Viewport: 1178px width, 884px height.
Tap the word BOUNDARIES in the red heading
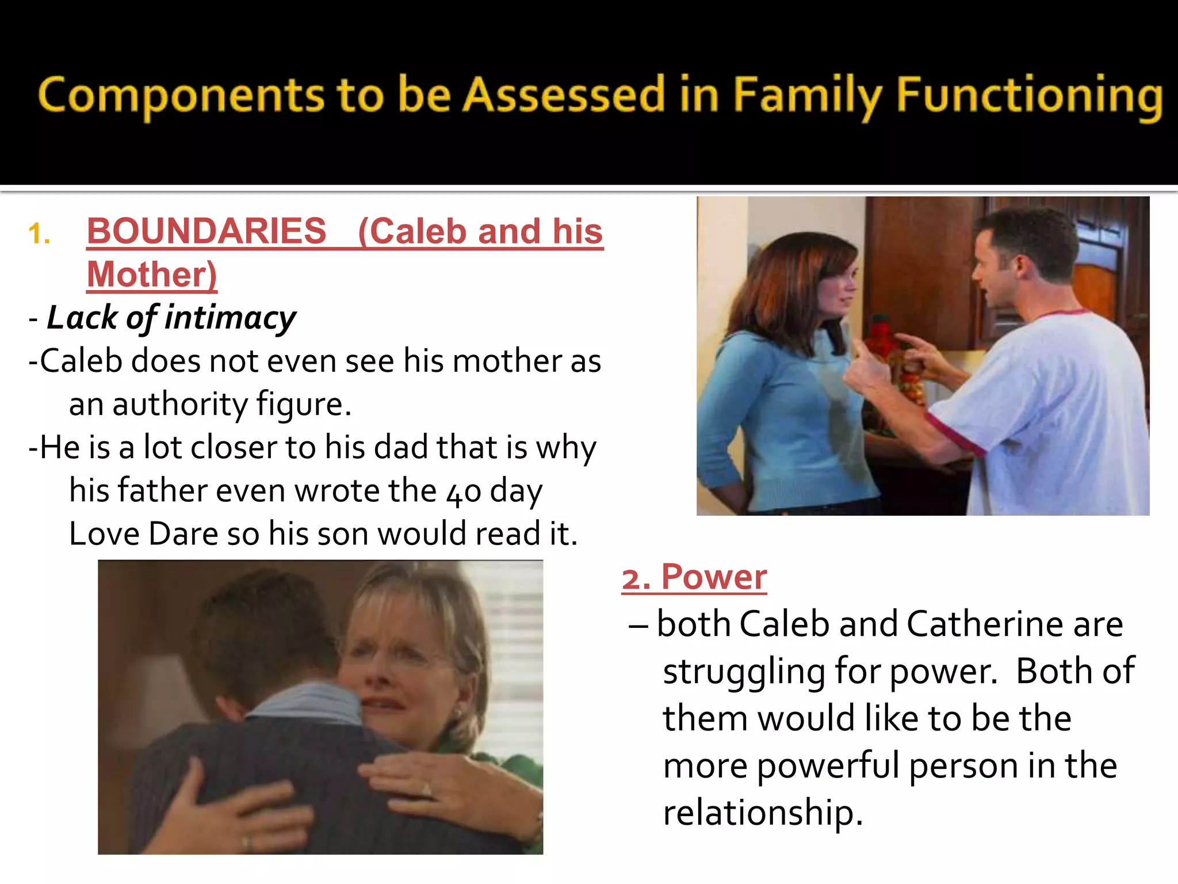206,232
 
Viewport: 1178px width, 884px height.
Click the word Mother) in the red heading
152,275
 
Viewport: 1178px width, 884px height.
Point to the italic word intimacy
230,318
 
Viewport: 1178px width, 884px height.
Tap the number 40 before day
464,493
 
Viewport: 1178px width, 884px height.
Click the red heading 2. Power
694,577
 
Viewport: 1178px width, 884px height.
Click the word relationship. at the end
763,813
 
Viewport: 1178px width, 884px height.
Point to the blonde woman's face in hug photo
397,662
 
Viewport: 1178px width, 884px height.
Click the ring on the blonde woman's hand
427,789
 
